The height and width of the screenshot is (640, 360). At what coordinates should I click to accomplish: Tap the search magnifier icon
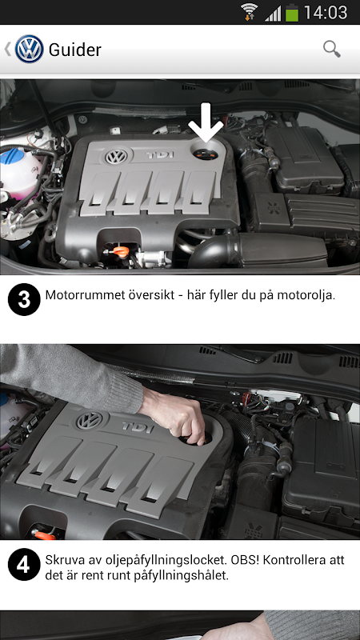click(332, 49)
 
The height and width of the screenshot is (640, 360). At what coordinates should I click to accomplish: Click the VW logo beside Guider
click(30, 49)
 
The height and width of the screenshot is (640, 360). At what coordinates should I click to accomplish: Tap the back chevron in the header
click(7, 49)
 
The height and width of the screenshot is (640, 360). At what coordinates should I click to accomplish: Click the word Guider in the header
click(74, 50)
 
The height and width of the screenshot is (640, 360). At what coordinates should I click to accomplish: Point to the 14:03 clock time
click(326, 12)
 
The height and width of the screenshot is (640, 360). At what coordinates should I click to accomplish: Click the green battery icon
click(292, 12)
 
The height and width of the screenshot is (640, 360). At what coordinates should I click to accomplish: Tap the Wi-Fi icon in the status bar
click(249, 12)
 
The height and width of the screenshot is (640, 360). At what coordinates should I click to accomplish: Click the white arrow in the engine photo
click(206, 122)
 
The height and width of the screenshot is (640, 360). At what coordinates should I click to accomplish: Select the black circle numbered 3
click(24, 299)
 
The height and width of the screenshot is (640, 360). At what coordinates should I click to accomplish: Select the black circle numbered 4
click(24, 565)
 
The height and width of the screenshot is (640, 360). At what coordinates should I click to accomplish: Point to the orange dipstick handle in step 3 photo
click(121, 251)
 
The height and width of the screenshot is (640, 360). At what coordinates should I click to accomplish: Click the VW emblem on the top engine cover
click(116, 156)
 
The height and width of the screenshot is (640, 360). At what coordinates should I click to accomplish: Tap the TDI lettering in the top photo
click(161, 155)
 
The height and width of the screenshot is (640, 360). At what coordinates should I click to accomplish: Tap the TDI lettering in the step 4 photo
click(137, 427)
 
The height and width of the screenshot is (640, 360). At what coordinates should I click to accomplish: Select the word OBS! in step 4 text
click(246, 559)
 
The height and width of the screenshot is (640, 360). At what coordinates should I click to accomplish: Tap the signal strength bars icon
click(273, 14)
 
